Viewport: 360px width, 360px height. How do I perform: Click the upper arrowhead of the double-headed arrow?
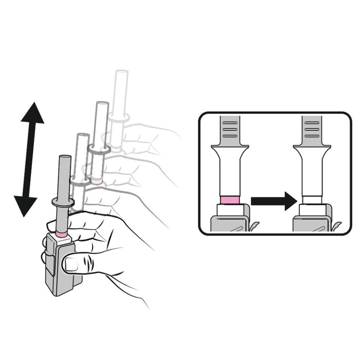pyautogui.click(x=32, y=115)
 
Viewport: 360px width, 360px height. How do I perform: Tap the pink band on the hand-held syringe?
pyautogui.click(x=62, y=235)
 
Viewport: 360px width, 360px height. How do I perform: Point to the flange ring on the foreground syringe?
pyautogui.click(x=64, y=202)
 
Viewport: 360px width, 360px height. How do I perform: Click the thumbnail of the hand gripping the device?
pyautogui.click(x=70, y=264)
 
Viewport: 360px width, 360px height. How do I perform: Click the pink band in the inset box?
pyautogui.click(x=229, y=200)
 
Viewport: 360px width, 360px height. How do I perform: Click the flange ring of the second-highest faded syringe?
pyautogui.click(x=99, y=150)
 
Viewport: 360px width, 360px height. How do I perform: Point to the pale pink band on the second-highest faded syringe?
pyautogui.click(x=96, y=181)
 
